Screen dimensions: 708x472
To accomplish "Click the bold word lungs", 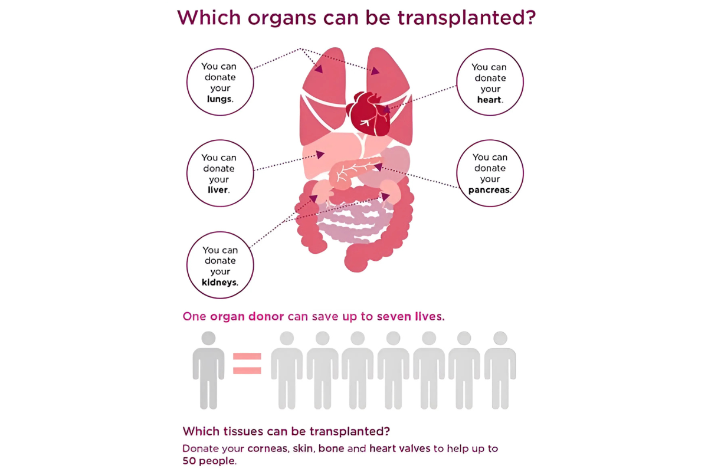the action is coord(219,99).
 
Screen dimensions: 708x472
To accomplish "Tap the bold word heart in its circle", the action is coord(489,100).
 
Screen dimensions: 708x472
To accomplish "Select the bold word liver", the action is coord(218,190).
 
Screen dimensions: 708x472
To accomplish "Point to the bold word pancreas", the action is coord(489,190).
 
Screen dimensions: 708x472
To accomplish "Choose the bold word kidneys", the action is coord(219,282).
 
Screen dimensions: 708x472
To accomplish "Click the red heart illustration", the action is coord(369,114).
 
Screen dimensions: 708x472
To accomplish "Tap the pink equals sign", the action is coord(247,363).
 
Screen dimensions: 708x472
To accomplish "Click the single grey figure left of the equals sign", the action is coord(208,370).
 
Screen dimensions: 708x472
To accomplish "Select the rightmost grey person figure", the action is coord(500,370).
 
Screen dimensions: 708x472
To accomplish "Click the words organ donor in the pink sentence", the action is coord(247,317).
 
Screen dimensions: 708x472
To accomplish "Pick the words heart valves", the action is coord(400,448).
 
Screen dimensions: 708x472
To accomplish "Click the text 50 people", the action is coord(209,461).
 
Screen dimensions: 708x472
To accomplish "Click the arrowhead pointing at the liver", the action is coord(320,154).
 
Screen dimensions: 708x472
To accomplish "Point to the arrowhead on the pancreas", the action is coord(378,166).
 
